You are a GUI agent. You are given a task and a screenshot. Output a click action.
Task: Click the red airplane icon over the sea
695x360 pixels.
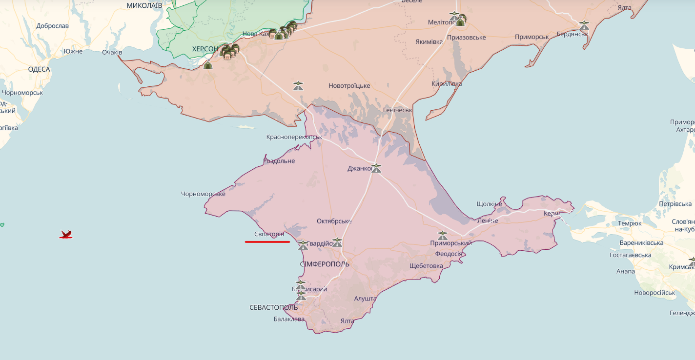(x=66, y=235)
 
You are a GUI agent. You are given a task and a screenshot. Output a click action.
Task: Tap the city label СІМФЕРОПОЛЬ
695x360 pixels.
(x=325, y=264)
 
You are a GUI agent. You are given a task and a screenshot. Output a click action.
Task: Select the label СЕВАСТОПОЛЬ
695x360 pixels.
(x=273, y=307)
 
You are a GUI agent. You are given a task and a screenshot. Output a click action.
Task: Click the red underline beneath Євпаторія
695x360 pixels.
(x=267, y=241)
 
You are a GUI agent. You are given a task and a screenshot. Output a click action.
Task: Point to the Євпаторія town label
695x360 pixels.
(x=269, y=234)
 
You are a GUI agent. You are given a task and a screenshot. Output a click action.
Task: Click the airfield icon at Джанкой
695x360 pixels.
(x=376, y=168)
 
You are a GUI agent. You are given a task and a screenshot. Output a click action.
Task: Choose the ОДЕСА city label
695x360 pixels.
(x=39, y=69)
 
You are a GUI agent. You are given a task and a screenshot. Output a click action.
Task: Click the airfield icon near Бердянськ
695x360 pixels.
(x=584, y=25)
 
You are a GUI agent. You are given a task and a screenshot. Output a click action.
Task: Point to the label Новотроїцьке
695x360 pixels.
(x=349, y=86)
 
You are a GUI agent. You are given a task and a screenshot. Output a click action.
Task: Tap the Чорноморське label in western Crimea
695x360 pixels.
(x=203, y=194)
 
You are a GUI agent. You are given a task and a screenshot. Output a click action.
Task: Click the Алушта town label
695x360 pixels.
(x=365, y=298)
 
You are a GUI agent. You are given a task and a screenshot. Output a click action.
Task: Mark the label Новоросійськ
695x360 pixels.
(x=654, y=293)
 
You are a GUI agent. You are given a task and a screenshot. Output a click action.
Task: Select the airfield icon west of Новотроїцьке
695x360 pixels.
(x=298, y=86)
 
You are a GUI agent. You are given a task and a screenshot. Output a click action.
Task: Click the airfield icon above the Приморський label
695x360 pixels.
(x=442, y=235)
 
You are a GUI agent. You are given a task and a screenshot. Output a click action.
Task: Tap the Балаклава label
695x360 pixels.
(x=289, y=319)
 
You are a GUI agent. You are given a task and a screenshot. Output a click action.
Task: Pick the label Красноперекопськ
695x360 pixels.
(x=294, y=137)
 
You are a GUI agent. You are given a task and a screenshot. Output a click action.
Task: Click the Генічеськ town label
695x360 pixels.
(x=397, y=110)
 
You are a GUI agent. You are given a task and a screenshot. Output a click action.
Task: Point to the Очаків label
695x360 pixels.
(x=112, y=52)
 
